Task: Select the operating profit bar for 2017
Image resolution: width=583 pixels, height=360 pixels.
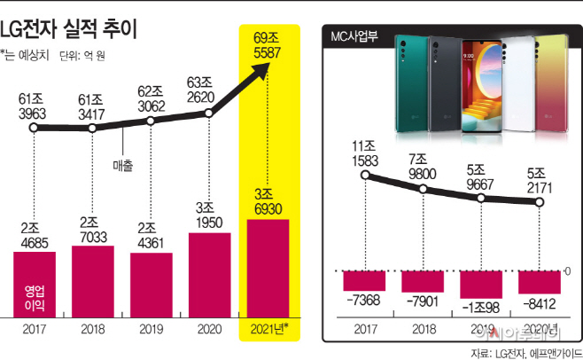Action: click(x=35, y=284)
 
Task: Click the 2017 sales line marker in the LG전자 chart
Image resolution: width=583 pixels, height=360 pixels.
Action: click(x=35, y=129)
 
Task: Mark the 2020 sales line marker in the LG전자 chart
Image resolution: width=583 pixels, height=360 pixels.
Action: click(x=209, y=113)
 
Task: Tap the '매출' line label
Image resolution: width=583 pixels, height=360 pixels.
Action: click(x=123, y=164)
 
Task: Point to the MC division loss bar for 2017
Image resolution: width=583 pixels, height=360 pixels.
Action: click(x=366, y=280)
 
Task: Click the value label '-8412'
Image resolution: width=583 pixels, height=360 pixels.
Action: click(x=540, y=302)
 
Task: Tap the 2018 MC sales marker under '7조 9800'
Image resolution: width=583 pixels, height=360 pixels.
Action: click(x=424, y=187)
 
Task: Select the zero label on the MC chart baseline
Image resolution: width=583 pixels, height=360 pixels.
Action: click(x=568, y=270)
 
